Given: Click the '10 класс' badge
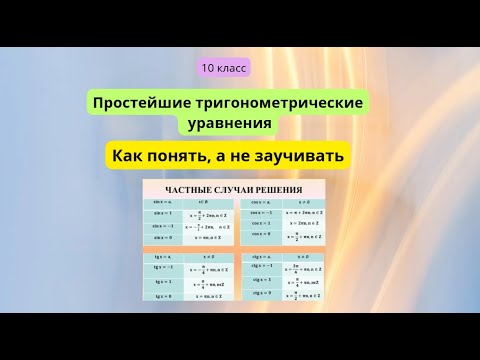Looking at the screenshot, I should tap(224, 68).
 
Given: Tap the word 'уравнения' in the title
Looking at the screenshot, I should tap(229, 124).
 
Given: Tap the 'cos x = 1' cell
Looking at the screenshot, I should tap(262, 223).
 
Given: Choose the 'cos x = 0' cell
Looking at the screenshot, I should tap(262, 236).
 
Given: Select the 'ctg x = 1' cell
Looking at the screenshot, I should tap(262, 281).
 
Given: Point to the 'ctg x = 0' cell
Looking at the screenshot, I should tap(262, 296).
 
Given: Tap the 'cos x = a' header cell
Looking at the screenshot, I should tap(262, 202).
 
